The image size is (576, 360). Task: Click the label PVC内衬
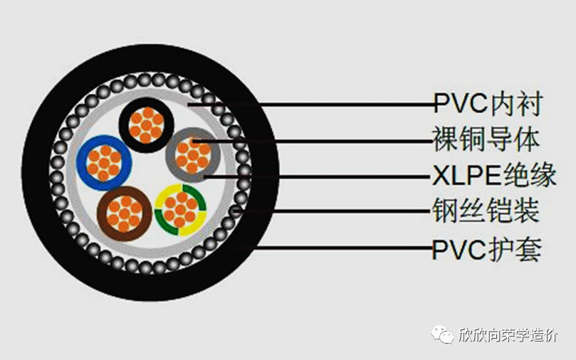click(488, 104)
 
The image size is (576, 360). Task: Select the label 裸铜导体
click(486, 140)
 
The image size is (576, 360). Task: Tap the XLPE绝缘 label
click(494, 176)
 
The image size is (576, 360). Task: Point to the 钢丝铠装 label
click(486, 211)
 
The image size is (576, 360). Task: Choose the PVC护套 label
click(487, 249)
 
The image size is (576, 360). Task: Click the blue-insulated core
click(104, 163)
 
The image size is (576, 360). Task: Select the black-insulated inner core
click(146, 125)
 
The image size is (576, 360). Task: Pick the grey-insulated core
click(193, 155)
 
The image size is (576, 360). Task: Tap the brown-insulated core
click(124, 214)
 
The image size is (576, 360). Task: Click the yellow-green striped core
click(180, 210)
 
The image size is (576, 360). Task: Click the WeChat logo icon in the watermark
click(442, 334)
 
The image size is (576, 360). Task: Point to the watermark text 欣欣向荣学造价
click(508, 334)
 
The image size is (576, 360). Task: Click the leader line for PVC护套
click(334, 248)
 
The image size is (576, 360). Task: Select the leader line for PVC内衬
click(310, 105)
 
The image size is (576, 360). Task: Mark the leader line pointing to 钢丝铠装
click(332, 211)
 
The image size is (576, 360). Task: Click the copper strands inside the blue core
click(104, 164)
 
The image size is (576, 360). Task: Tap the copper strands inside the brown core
click(124, 214)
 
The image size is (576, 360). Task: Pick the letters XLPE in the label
click(466, 176)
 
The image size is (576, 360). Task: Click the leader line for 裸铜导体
click(313, 141)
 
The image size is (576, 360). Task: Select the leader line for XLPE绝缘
click(318, 177)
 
